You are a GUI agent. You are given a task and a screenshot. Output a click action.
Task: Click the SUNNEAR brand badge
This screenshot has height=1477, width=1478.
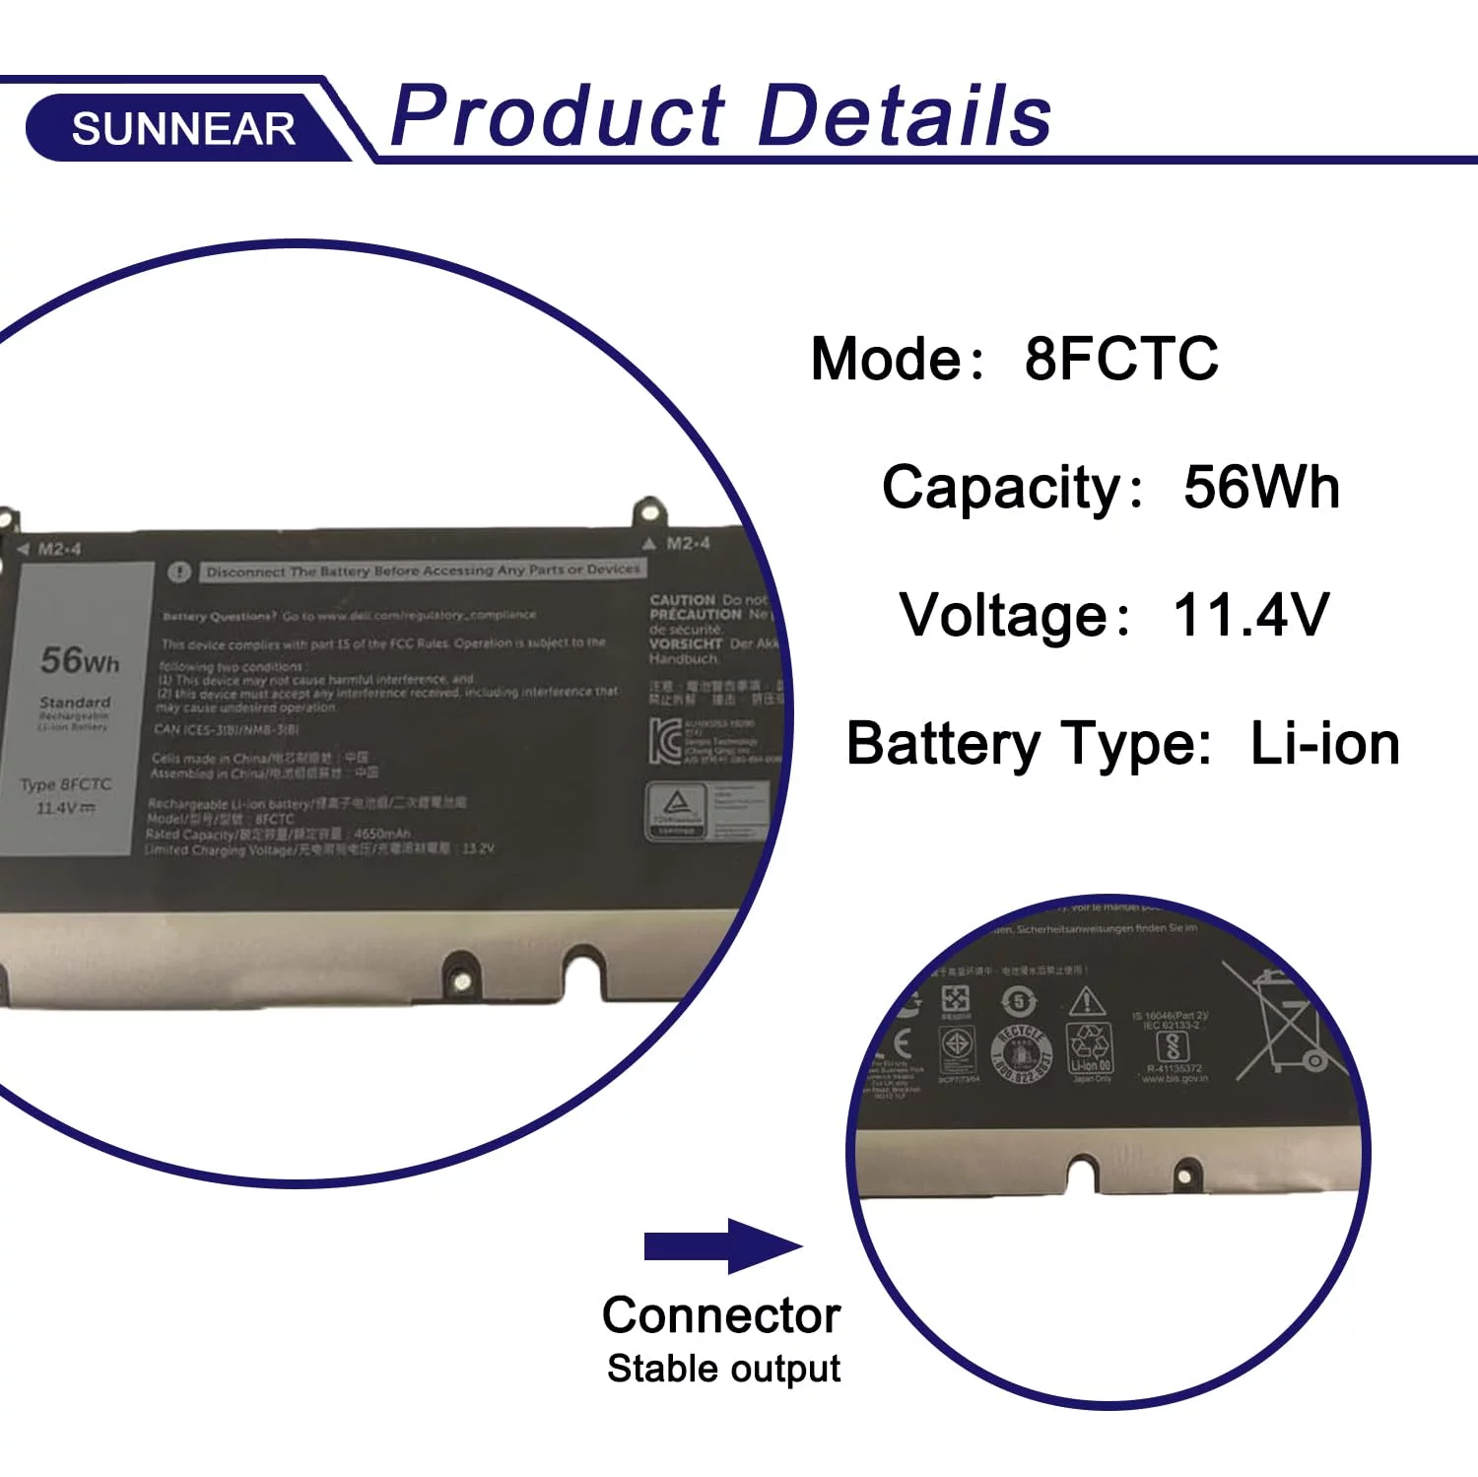[183, 128]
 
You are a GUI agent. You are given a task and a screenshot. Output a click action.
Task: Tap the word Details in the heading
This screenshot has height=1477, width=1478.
[905, 115]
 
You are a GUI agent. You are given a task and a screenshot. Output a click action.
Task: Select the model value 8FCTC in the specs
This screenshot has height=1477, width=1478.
[1121, 358]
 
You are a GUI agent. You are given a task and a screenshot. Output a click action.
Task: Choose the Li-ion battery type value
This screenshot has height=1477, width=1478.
[1324, 743]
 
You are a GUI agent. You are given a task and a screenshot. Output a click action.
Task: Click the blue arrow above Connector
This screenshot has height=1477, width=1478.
[723, 1245]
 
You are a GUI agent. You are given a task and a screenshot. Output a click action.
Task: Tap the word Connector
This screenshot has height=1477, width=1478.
[721, 1315]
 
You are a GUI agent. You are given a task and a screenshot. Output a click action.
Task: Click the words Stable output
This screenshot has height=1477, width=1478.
[723, 1369]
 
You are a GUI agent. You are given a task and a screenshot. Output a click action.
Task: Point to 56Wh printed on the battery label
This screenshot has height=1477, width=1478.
[80, 659]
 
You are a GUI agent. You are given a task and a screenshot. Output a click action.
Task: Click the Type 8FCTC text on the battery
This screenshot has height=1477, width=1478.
[66, 784]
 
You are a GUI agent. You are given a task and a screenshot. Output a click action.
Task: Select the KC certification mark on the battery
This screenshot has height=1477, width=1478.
[665, 740]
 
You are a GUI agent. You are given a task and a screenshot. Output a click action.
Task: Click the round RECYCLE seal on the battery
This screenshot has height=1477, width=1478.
[1021, 1054]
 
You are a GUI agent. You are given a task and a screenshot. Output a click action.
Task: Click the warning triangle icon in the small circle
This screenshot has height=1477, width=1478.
[1087, 1001]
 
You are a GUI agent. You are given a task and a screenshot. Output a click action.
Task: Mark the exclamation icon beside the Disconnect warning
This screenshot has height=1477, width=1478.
[178, 571]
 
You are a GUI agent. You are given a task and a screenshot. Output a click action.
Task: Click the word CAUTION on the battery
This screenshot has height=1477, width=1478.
[682, 599]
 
